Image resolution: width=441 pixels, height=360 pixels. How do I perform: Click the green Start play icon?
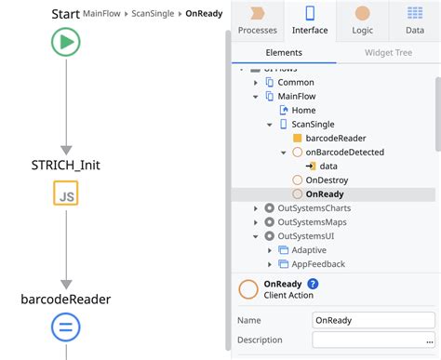[66, 41]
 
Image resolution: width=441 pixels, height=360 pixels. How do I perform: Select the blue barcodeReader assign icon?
[66, 326]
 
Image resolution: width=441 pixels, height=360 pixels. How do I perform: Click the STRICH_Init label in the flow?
[66, 164]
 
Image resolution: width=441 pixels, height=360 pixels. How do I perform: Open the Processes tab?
[258, 20]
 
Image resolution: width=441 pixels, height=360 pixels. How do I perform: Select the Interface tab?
[310, 20]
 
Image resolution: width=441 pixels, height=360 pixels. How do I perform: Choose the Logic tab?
[362, 20]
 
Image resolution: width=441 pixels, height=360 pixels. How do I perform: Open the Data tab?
[415, 20]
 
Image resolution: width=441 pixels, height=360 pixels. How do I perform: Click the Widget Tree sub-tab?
[390, 53]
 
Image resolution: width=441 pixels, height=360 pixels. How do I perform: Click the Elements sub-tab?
[284, 53]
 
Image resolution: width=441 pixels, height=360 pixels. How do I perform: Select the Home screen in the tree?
[303, 110]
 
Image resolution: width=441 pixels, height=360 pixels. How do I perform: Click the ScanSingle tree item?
[314, 124]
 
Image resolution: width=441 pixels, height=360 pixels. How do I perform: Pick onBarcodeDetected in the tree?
[344, 152]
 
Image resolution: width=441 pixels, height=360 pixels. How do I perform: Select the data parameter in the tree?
[328, 166]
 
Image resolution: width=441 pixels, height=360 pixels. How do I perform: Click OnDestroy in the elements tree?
[326, 180]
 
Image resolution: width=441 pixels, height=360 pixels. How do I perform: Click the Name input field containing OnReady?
[373, 320]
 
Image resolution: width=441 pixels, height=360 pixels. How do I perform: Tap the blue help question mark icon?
[313, 284]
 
